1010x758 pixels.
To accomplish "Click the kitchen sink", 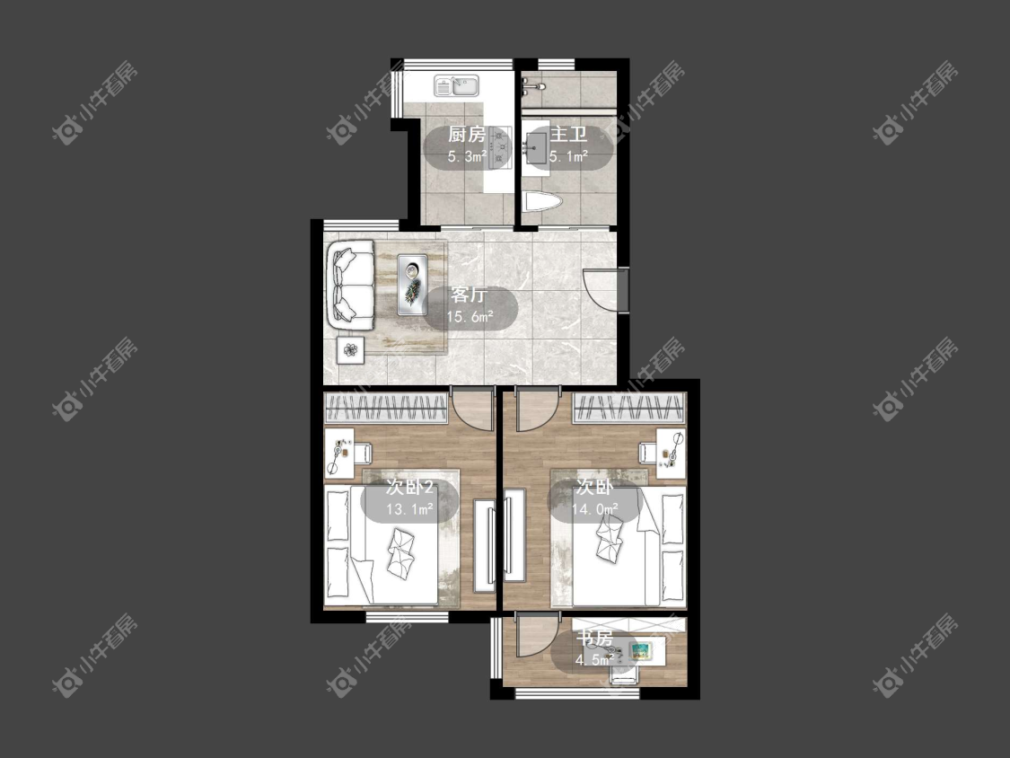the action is click(x=457, y=85).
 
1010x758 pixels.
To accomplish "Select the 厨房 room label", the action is click(x=467, y=135).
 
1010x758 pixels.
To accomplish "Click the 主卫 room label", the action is click(x=569, y=135).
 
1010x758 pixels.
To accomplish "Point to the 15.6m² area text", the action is click(x=470, y=316).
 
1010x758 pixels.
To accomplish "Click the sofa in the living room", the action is click(x=351, y=286).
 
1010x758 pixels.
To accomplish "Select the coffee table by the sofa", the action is click(x=412, y=284).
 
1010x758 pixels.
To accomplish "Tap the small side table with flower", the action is click(x=350, y=350).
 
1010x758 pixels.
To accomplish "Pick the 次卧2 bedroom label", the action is click(x=409, y=487).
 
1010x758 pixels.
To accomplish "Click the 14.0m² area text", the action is click(x=595, y=509).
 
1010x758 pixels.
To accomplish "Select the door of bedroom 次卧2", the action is click(x=472, y=408).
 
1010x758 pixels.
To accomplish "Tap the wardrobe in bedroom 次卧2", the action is click(x=386, y=408).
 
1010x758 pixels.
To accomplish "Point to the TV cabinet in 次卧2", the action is click(x=485, y=545).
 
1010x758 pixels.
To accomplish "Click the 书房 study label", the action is click(x=594, y=639).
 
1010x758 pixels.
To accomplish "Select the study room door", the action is click(x=537, y=636).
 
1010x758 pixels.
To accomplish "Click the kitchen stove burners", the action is click(x=499, y=147).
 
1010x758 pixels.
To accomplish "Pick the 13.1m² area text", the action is click(x=409, y=509).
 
